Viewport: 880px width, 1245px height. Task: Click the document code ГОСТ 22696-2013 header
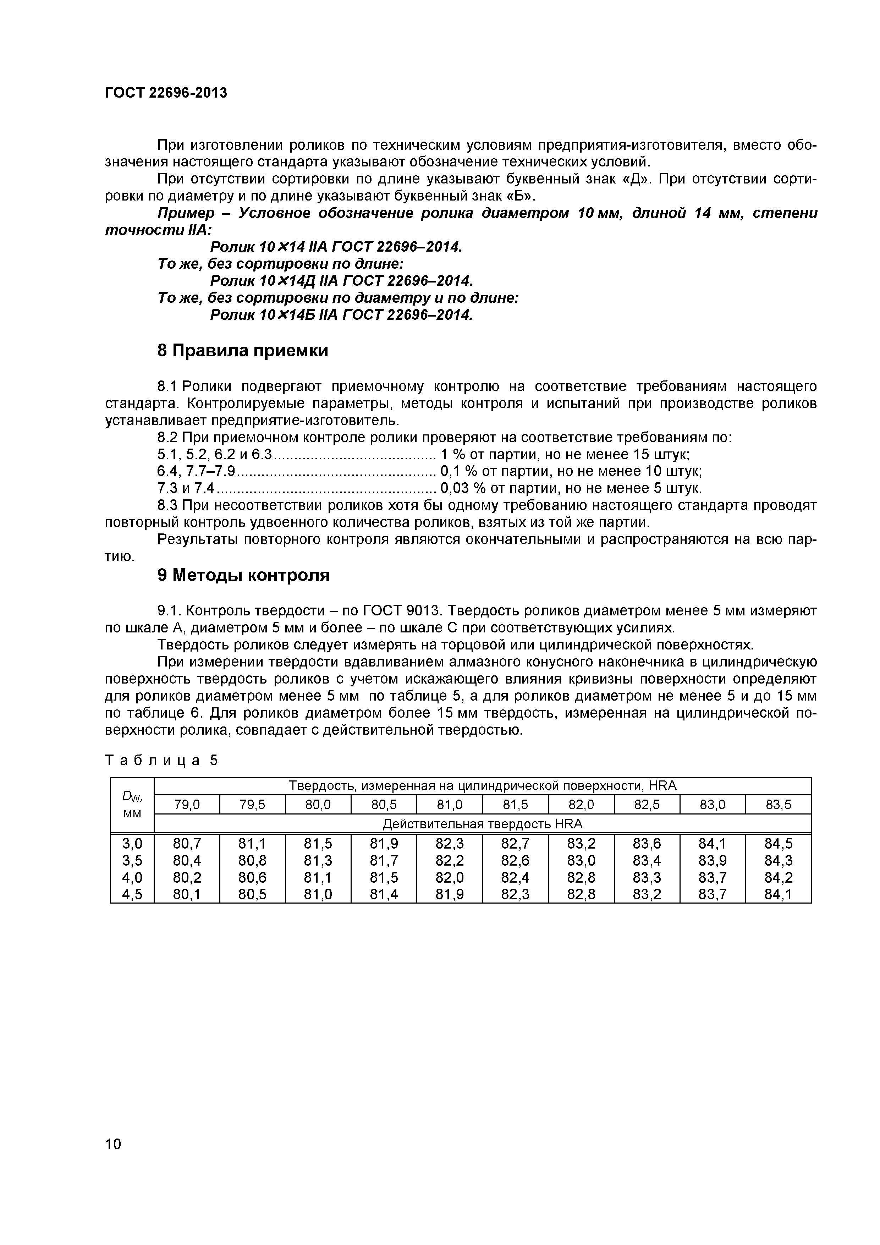166,93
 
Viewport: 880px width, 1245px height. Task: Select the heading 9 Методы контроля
243,575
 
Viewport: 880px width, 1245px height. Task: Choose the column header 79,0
187,805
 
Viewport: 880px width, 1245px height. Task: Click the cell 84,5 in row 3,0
778,844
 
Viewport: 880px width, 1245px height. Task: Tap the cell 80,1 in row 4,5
187,894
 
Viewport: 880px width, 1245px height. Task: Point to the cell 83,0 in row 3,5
581,861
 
